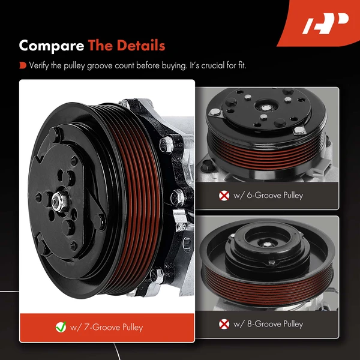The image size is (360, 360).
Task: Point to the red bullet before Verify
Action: point(22,65)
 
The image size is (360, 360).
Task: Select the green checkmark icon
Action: point(61,328)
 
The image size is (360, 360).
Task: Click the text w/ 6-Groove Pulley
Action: point(267,195)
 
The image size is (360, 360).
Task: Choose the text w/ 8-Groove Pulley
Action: point(267,324)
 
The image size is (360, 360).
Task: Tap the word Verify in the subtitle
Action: point(40,65)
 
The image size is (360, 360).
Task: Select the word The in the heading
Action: point(102,46)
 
